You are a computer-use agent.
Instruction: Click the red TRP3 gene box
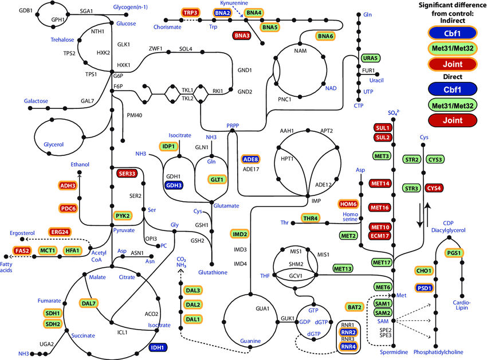pyautogui.click(x=191, y=13)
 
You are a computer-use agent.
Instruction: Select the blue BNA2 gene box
pyautogui.click(x=223, y=13)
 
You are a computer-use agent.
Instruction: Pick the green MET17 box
pyautogui.click(x=382, y=262)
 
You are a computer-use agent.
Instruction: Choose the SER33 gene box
pyautogui.click(x=127, y=173)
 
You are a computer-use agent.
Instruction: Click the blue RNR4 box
pyautogui.click(x=348, y=346)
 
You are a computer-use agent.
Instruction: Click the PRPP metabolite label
pyautogui.click(x=233, y=125)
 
